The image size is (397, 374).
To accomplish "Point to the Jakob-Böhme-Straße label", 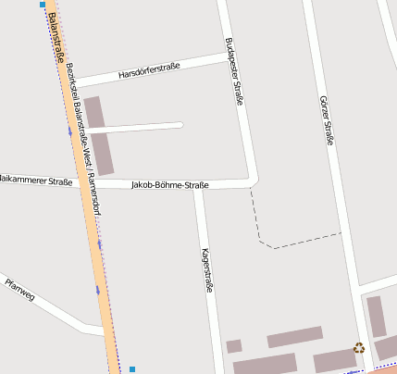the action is (170, 185).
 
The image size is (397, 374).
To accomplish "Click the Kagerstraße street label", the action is (207, 270).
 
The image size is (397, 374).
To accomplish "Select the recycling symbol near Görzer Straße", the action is (358, 348).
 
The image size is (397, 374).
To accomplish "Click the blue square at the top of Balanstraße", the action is (43, 5).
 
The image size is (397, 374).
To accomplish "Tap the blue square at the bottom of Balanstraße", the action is (132, 369).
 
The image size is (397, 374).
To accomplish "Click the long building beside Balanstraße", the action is (99, 135).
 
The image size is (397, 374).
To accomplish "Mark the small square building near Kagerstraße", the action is (234, 346).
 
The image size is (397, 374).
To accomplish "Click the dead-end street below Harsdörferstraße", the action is (139, 126).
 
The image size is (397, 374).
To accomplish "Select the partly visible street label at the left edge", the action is (35, 181).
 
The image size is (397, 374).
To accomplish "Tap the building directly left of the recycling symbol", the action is (333, 360).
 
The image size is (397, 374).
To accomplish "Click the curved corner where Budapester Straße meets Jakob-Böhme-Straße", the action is (253, 180).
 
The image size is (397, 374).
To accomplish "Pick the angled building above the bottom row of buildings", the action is (294, 337).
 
